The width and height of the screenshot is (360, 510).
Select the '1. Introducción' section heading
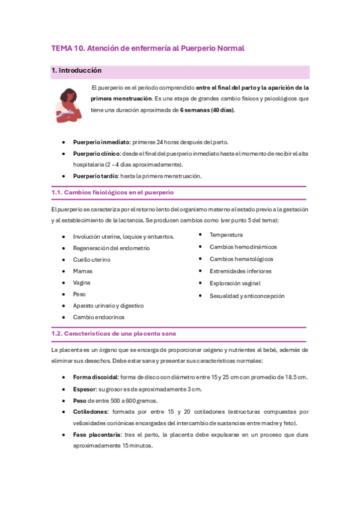pos(76,70)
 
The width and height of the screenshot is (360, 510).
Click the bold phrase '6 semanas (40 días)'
pos(207,110)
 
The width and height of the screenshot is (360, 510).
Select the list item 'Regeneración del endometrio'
pos(111,248)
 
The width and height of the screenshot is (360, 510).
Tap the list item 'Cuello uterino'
pos(91,259)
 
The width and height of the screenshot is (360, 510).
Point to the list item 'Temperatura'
pos(226,235)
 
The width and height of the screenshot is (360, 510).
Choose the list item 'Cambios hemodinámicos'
pos(243,247)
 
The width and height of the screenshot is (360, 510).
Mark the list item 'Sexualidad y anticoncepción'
pos(247,296)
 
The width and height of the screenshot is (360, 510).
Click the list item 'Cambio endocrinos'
pos(99,317)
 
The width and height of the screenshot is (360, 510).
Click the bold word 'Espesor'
pos(85,389)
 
